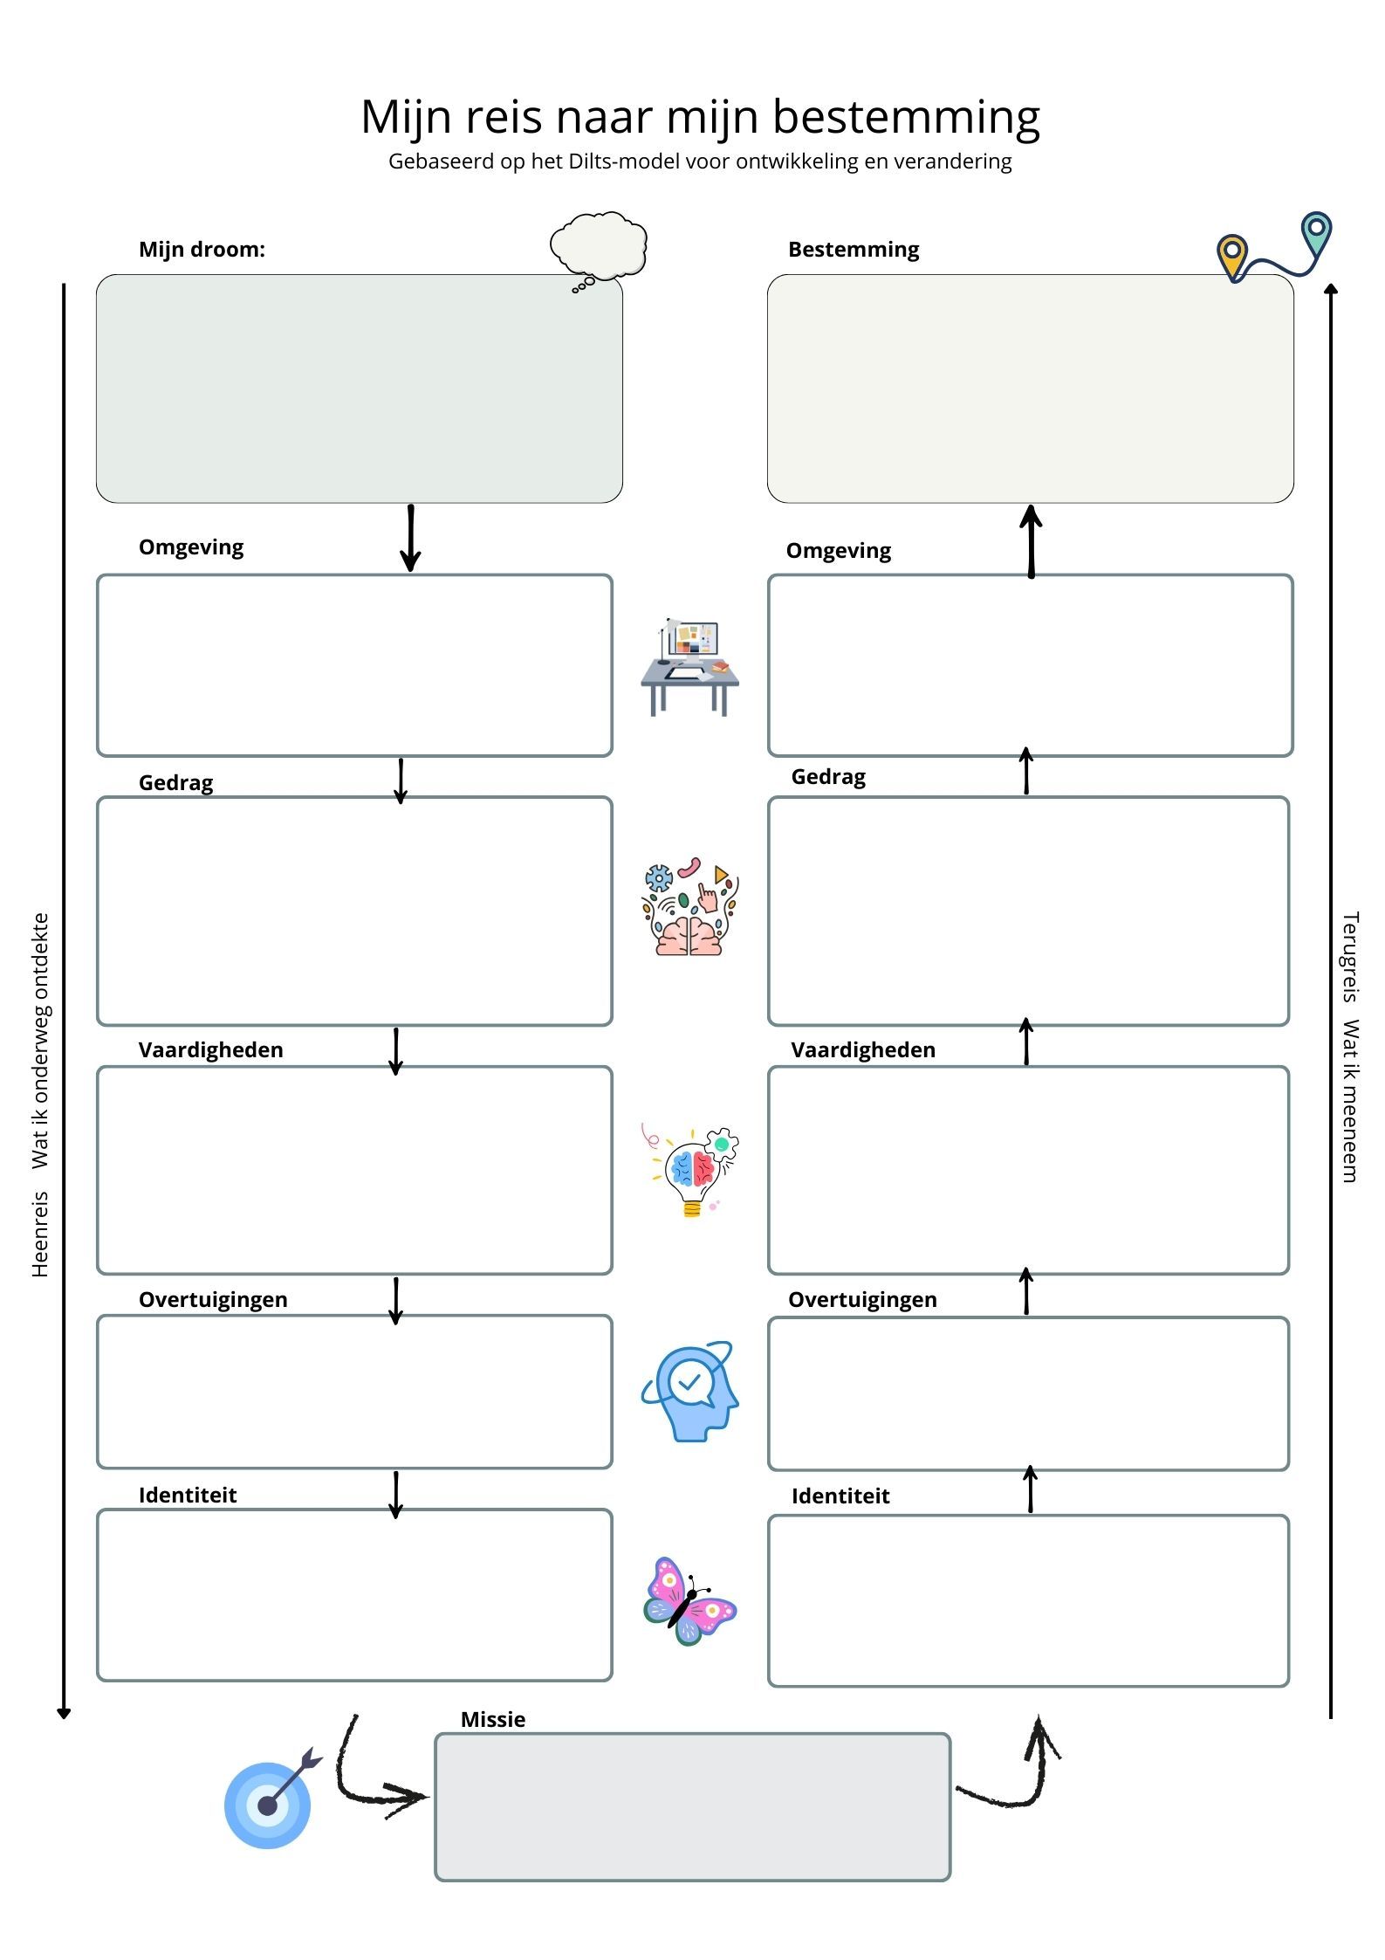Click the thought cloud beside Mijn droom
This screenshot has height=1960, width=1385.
[599, 245]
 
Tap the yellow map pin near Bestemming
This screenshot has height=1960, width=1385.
[1231, 256]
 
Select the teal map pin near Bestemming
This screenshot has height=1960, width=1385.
[1316, 232]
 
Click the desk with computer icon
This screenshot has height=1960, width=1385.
[689, 667]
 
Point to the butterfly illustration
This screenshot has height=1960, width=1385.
[689, 1601]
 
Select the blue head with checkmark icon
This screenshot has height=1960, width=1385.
[690, 1391]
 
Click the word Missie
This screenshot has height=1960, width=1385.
[493, 1719]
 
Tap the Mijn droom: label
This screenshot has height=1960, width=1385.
[202, 250]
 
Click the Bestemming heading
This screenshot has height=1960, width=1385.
[854, 250]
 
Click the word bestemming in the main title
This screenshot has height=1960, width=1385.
[906, 117]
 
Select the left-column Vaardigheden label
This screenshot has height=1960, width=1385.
[210, 1049]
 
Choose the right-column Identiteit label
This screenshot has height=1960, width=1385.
[840, 1496]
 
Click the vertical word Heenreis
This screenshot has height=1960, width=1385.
[40, 1234]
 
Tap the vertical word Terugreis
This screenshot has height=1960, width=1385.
[1350, 957]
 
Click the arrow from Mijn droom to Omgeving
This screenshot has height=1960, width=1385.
[410, 538]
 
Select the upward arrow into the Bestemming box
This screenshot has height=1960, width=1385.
[1032, 540]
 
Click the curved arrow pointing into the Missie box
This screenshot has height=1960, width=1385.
[375, 1781]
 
